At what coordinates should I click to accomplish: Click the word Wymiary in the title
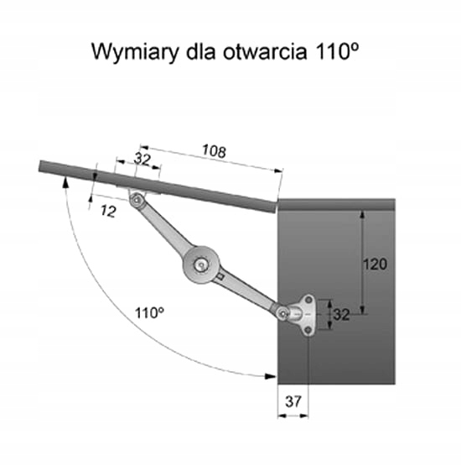[136, 52]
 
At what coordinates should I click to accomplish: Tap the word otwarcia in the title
[265, 52]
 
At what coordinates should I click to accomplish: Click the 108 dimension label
[214, 151]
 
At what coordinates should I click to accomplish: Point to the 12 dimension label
[108, 211]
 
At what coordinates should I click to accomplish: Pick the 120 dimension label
[376, 264]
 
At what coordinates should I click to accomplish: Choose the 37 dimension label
[293, 401]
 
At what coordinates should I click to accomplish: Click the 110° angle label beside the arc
[149, 312]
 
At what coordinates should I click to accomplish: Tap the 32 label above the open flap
[142, 160]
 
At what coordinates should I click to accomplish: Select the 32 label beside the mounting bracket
[342, 314]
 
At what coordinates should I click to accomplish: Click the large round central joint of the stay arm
[202, 264]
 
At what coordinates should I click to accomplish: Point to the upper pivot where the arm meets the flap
[137, 200]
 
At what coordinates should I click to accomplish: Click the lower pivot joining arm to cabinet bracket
[283, 313]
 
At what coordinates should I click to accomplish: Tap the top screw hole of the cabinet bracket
[308, 299]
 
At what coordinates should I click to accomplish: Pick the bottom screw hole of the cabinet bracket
[308, 330]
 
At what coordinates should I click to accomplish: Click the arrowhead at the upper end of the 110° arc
[65, 181]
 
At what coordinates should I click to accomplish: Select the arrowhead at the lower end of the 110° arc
[270, 376]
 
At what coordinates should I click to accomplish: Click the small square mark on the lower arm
[220, 277]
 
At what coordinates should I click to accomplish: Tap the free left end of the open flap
[39, 166]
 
